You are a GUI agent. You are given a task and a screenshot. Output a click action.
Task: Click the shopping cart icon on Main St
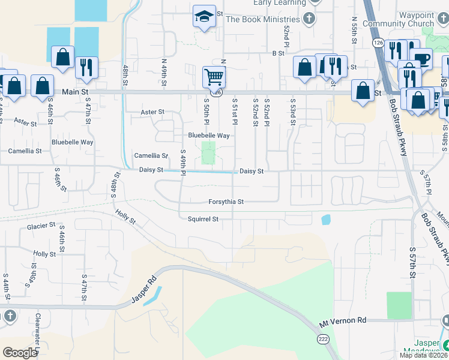click(x=214, y=77)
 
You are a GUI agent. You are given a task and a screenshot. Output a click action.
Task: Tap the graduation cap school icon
click(x=204, y=17)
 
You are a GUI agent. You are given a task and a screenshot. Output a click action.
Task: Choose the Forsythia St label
click(x=226, y=202)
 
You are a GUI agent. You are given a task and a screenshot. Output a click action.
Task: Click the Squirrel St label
click(x=202, y=219)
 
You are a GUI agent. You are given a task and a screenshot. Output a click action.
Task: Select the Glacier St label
click(x=41, y=226)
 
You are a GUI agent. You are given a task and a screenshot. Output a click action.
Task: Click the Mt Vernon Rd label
click(x=342, y=322)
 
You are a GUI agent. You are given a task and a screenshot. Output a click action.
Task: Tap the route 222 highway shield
click(x=324, y=339)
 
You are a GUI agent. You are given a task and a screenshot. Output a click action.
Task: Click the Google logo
click(x=20, y=353)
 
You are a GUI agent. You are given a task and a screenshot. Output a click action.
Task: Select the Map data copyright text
click(x=423, y=355)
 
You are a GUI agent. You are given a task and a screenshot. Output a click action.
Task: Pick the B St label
click(x=278, y=53)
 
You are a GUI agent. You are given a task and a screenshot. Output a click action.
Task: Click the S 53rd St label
click(x=293, y=112)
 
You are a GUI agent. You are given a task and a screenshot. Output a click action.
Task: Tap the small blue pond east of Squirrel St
click(x=325, y=220)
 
